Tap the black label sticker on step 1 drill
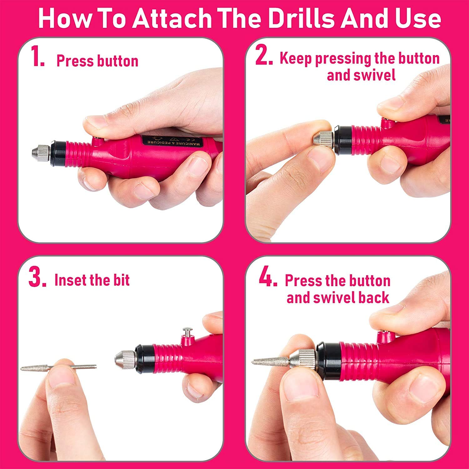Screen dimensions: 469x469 (x=173, y=141)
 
